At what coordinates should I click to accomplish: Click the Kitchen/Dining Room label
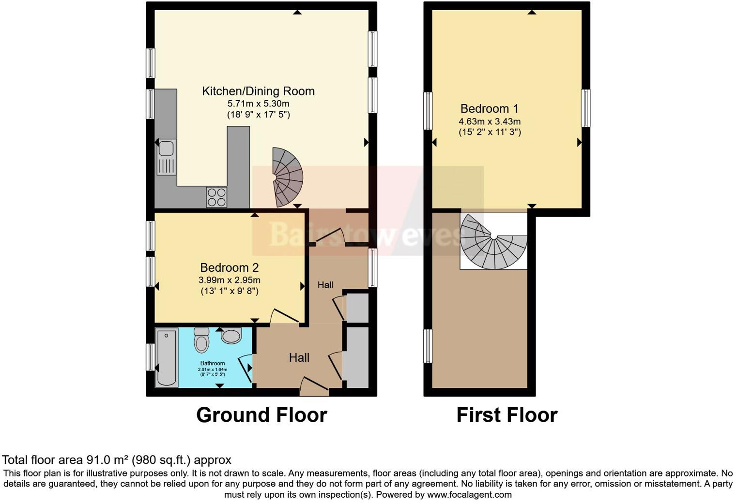pyautogui.click(x=258, y=91)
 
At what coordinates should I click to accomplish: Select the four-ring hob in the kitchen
pyautogui.click(x=216, y=197)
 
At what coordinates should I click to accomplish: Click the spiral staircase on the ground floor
pyautogui.click(x=287, y=178)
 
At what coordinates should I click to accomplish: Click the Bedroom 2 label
pyautogui.click(x=230, y=267)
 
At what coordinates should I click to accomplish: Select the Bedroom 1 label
pyautogui.click(x=490, y=108)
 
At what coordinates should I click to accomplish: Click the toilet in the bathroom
pyautogui.click(x=201, y=340)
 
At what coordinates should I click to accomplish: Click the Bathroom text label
pyautogui.click(x=213, y=363)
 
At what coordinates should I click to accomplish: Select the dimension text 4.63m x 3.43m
pyautogui.click(x=490, y=121)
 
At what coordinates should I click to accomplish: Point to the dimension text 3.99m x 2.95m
pyautogui.click(x=230, y=280)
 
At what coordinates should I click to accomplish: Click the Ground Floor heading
pyautogui.click(x=261, y=415)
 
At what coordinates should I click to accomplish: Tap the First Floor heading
pyautogui.click(x=506, y=415)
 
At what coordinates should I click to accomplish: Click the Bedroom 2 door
pyautogui.click(x=284, y=317)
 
